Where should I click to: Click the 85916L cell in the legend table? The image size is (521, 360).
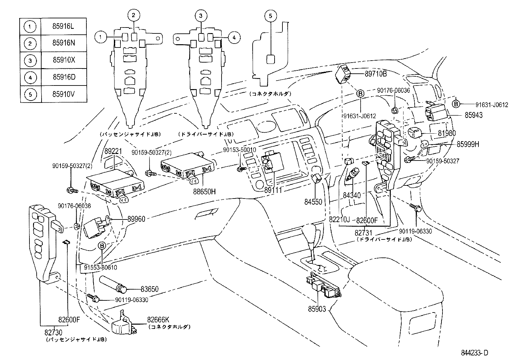[63, 26]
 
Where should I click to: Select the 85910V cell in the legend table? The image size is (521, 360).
[63, 95]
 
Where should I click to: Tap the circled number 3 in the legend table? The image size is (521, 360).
[30, 61]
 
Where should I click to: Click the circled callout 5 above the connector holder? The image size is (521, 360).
[270, 15]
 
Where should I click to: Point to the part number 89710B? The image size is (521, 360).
[376, 74]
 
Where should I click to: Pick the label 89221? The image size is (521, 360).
[113, 152]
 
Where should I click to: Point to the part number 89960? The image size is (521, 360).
[136, 219]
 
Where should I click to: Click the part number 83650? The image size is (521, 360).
[150, 289]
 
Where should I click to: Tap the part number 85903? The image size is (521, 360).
[317, 309]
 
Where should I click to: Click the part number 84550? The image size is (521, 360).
[313, 202]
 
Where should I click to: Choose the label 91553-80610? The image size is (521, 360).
[100, 268]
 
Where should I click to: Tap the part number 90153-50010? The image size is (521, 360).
[240, 149]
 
